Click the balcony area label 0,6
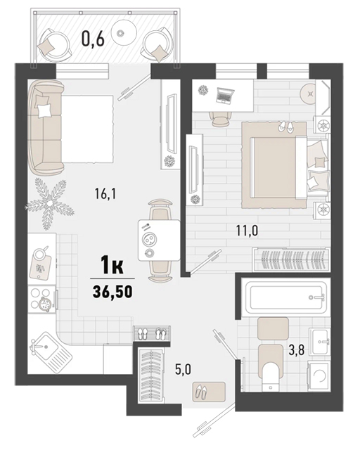pos(92,39)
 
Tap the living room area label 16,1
pos(105,194)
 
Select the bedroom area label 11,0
pos(247,231)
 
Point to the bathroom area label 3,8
pos(297,350)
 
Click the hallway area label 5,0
pos(183,370)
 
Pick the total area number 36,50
pos(112,291)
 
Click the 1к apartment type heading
pos(112,266)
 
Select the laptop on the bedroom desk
pos(225,96)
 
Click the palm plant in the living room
pos(49,203)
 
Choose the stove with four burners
pos(42,300)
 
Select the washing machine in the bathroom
pos(319,375)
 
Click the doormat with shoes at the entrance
pos(209,392)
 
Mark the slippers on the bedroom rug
pos(285,127)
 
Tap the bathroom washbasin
pos(319,341)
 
